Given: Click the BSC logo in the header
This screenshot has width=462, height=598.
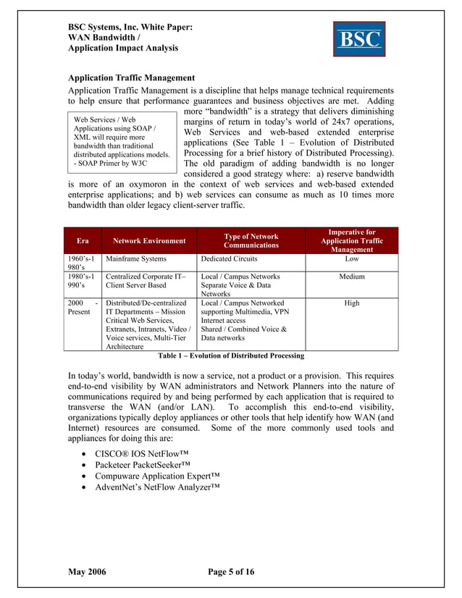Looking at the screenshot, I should tap(358, 38).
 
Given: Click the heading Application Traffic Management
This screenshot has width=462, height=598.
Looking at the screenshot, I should tap(131, 77).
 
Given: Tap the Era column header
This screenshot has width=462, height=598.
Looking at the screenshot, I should tap(83, 240).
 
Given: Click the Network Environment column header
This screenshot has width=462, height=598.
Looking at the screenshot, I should tap(148, 240).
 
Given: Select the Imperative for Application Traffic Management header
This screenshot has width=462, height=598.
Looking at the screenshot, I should tap(351, 240).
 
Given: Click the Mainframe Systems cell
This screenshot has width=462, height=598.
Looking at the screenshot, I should tap(136, 258).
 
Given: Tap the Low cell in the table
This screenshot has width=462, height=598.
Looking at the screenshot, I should tap(351, 258).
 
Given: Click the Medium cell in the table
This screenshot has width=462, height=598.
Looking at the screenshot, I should tap(351, 277).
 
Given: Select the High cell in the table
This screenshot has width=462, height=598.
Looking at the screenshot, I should tap(351, 303).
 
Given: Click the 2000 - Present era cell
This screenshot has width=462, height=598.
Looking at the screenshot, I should tap(83, 308).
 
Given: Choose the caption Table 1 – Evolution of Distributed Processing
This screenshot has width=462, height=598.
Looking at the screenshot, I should tap(231, 356).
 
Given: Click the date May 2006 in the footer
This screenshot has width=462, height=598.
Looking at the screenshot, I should tap(87, 572).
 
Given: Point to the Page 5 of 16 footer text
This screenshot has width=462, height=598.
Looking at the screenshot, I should tap(231, 572).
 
